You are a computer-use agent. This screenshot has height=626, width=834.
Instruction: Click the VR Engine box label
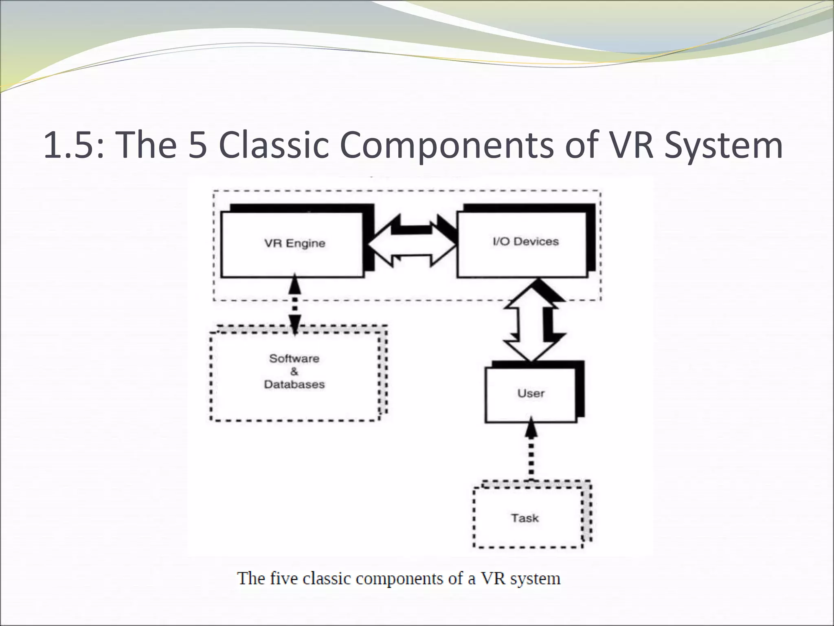click(x=295, y=244)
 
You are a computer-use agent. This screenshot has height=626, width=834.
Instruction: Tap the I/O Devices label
click(x=525, y=242)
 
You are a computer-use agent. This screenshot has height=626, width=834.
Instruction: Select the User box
click(x=531, y=394)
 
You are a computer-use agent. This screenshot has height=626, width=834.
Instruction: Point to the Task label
click(x=525, y=518)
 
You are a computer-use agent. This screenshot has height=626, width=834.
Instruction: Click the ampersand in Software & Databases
click(x=294, y=372)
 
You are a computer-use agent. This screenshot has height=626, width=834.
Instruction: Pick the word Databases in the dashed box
click(x=294, y=384)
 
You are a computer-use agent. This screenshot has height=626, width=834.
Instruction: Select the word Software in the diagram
click(x=294, y=359)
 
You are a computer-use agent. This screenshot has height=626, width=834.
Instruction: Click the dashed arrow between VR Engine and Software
click(x=294, y=304)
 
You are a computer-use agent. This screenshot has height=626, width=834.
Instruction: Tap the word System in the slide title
click(x=723, y=145)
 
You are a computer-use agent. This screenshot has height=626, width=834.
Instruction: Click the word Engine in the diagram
click(x=306, y=244)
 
